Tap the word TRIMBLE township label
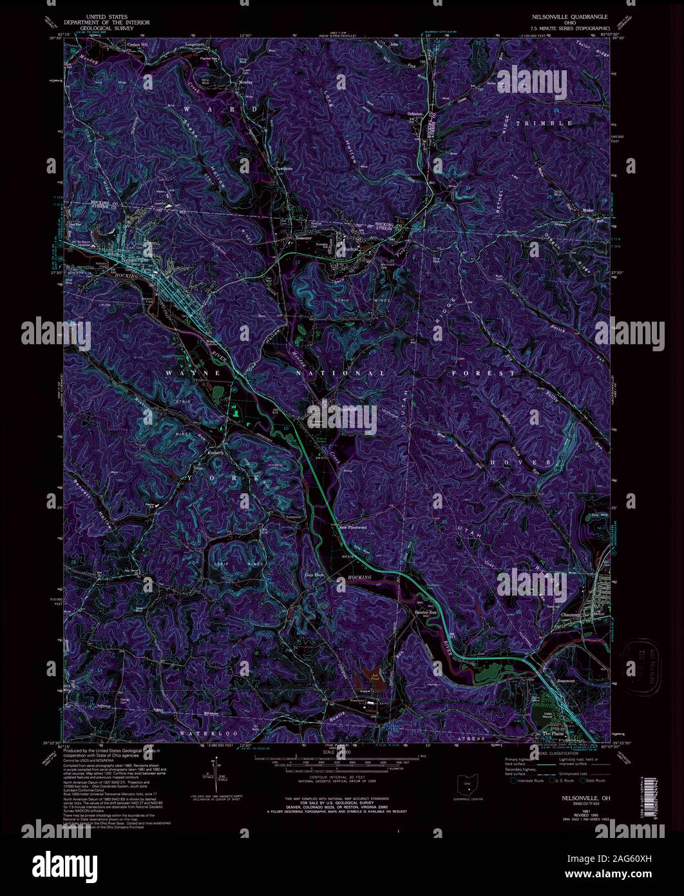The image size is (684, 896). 547,122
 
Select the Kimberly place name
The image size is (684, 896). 215,452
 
